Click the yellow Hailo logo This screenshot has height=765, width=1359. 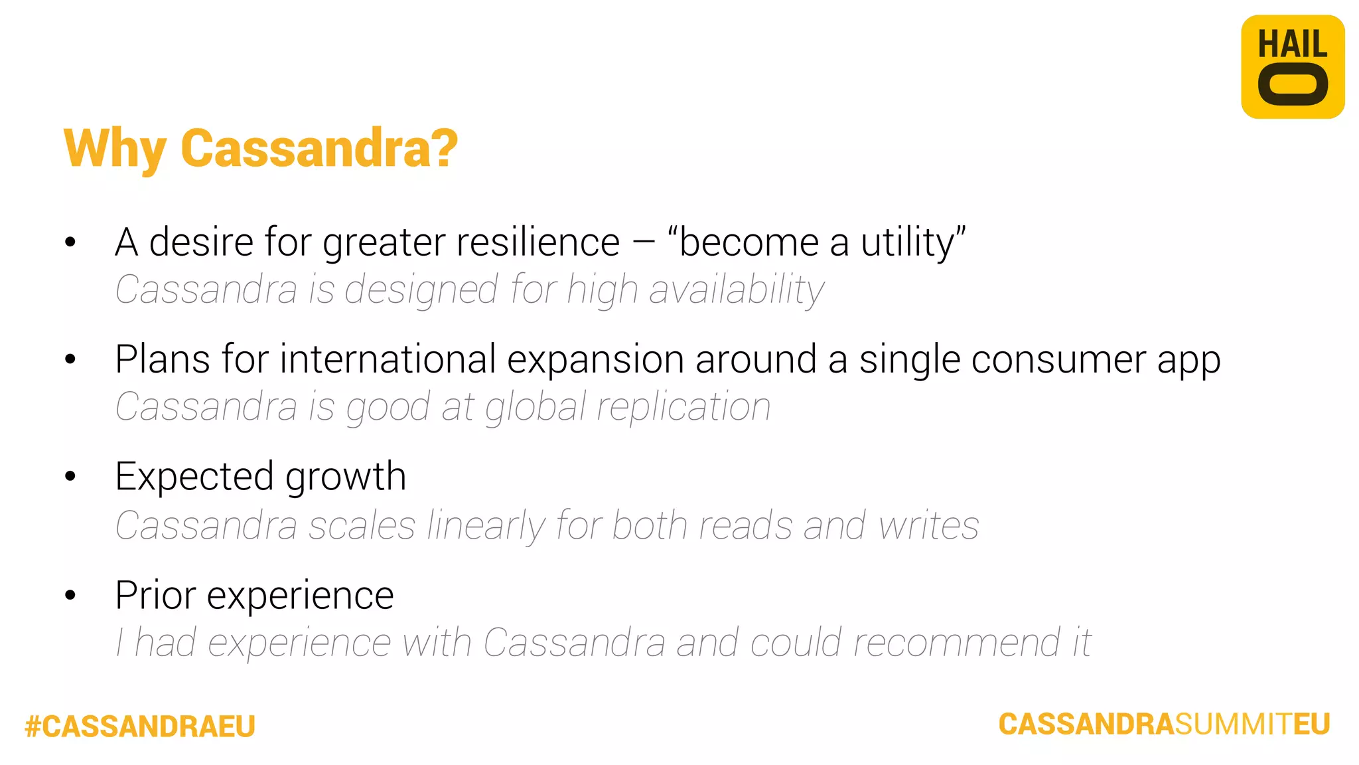1292,67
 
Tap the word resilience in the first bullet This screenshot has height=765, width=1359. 537,242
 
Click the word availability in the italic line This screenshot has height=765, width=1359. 737,291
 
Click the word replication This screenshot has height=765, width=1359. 683,407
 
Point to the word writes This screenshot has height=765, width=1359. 928,526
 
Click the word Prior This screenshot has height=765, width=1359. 155,595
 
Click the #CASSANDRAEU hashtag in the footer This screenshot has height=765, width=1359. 140,726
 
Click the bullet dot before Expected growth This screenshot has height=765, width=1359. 70,476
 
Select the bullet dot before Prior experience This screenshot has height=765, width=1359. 70,595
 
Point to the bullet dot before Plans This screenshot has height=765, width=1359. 70,359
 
